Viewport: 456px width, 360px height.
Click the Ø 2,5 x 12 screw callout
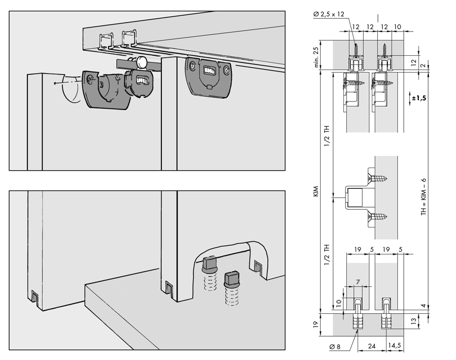pos(329,14)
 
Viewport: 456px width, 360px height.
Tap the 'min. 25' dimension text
pos(316,57)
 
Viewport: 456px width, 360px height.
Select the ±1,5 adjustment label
pos(419,98)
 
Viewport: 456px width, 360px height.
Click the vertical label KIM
pos(316,191)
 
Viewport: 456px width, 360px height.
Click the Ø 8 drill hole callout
pos(335,347)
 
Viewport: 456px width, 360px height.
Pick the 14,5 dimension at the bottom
pos(395,345)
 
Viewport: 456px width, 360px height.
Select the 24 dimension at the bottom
pos(372,346)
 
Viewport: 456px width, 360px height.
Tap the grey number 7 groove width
pos(358,282)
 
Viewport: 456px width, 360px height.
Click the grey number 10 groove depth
pos(338,304)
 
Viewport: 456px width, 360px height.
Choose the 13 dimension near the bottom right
pos(413,321)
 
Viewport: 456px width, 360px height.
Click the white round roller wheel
pos(142,62)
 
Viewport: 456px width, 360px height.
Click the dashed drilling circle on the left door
pos(71,88)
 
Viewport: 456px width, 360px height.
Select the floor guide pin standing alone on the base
pos(232,288)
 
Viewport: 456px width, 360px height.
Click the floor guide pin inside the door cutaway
pos(210,274)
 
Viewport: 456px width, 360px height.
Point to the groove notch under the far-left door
pos(34,297)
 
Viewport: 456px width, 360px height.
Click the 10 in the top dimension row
pos(397,27)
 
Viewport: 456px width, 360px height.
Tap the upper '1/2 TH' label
pos(327,136)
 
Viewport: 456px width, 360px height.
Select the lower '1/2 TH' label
pos(327,255)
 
